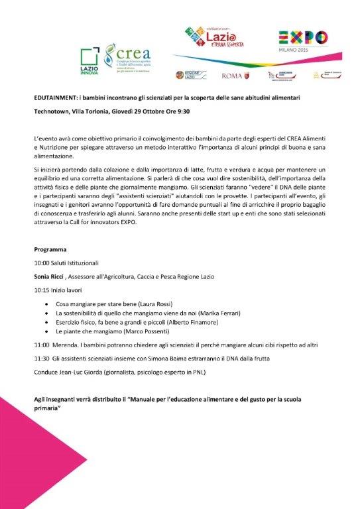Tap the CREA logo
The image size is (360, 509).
click(x=132, y=58)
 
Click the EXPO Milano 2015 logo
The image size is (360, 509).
click(x=302, y=42)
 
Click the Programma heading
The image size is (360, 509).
click(x=50, y=250)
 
